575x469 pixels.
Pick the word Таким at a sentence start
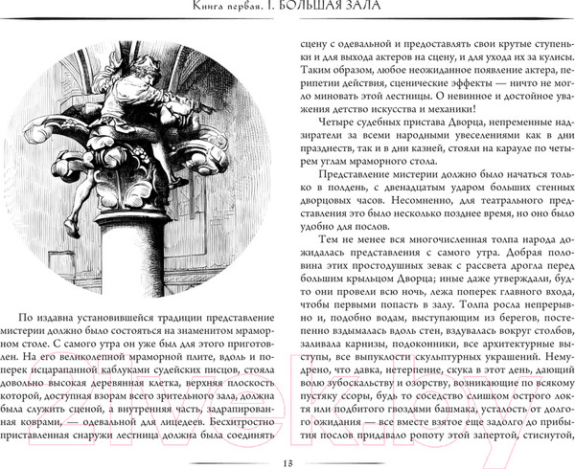[318, 71]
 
